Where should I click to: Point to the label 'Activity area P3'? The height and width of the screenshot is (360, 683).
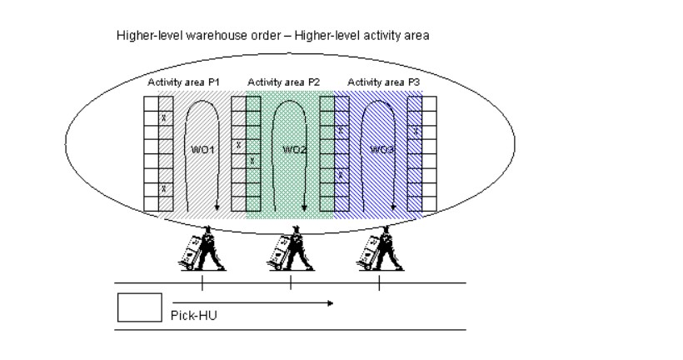pyautogui.click(x=384, y=82)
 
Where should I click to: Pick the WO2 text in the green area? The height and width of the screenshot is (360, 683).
pyautogui.click(x=293, y=149)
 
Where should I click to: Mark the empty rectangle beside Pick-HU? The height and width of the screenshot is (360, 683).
pyautogui.click(x=138, y=307)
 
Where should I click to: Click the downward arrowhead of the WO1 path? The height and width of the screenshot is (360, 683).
pyautogui.click(x=216, y=208)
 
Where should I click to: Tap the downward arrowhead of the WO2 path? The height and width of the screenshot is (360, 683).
pyautogui.click(x=304, y=208)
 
